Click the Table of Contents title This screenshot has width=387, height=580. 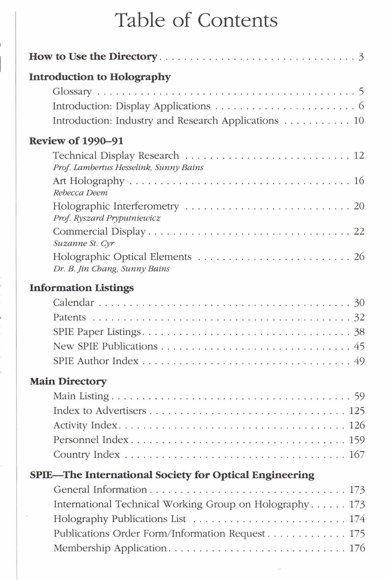tap(197, 20)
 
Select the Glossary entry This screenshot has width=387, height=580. tap(72, 92)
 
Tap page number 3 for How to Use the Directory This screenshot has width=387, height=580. tap(361, 57)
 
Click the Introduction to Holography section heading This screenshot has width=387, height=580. tap(100, 77)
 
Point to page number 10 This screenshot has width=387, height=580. tap(359, 121)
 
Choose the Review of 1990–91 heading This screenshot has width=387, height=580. tap(76, 141)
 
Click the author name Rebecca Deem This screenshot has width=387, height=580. tap(80, 193)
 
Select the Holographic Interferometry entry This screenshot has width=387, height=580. tap(116, 206)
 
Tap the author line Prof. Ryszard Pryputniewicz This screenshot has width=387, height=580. tap(107, 218)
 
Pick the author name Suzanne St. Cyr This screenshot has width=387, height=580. tap(84, 244)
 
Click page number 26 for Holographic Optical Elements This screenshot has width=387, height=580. tap(359, 257)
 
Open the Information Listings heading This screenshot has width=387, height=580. tap(82, 288)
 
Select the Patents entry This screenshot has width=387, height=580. tap(70, 317)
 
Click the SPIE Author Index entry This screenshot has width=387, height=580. tap(96, 361)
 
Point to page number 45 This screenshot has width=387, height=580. tap(359, 346)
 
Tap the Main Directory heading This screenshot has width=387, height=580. tap(68, 382)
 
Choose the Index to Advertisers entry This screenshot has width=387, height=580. tap(100, 411)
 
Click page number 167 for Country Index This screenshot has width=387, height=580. tap(357, 455)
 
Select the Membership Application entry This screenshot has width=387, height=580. tap(110, 548)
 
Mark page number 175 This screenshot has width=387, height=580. tap(357, 534)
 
